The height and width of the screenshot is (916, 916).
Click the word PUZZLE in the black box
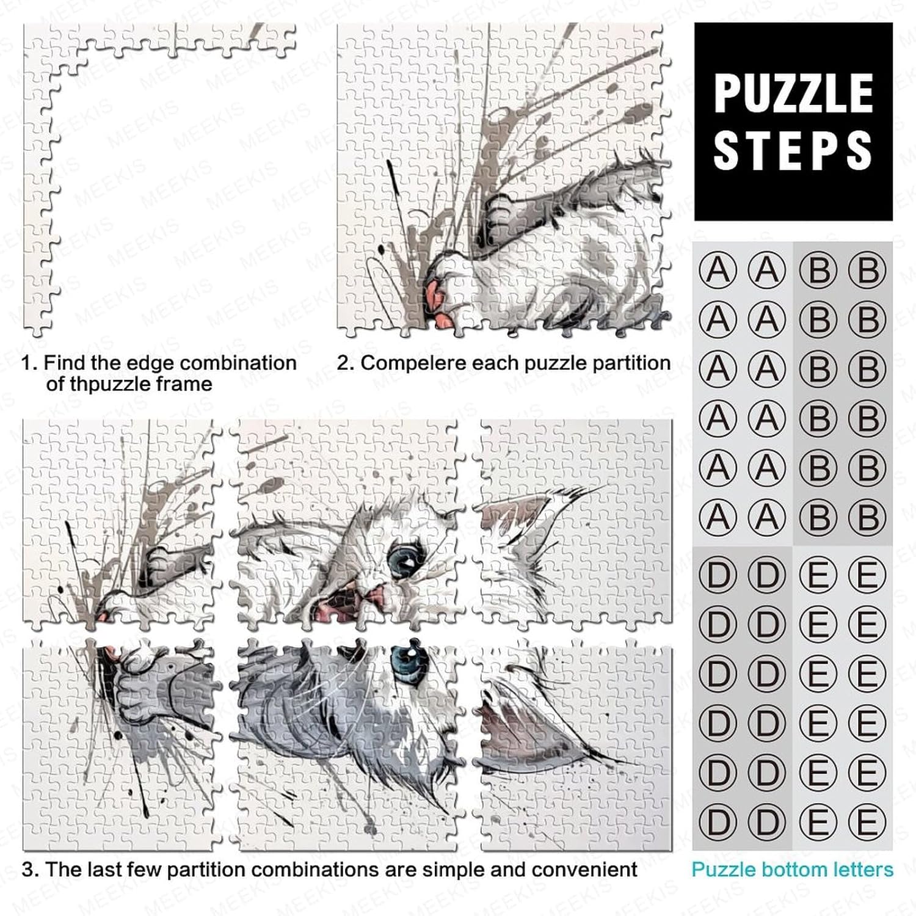793,93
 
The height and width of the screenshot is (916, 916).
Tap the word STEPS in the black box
793,150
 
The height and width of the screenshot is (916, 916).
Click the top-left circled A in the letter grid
718,270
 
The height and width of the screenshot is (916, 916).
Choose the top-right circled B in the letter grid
867,270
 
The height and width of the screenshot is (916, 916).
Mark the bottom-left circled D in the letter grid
718,822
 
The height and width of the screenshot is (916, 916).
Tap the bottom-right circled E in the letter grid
867,822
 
